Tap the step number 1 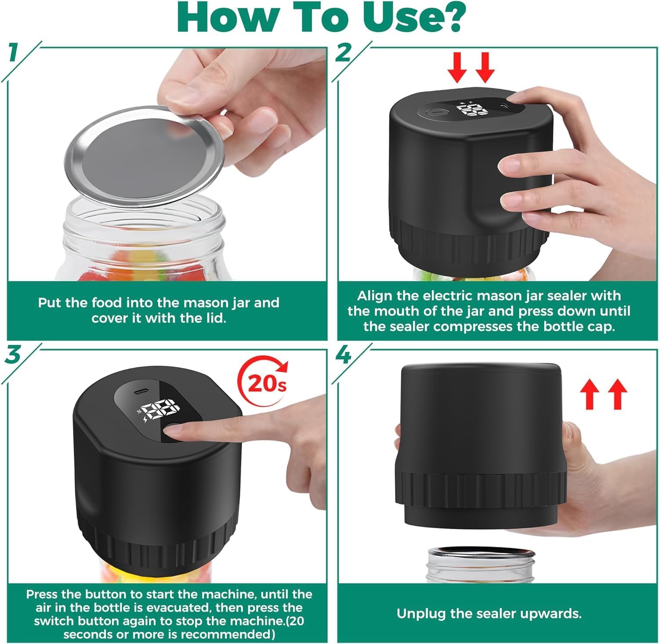(14, 52)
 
